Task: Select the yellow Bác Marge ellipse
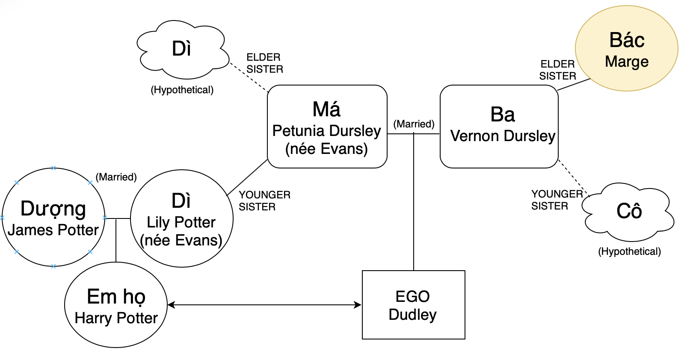(627, 48)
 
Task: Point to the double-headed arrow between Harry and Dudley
(265, 305)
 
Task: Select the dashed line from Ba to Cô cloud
(574, 178)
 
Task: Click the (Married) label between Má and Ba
(414, 124)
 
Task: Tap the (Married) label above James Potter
(116, 177)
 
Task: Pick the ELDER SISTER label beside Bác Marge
(557, 70)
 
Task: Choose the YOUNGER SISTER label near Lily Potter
(264, 201)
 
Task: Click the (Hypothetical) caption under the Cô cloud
(629, 251)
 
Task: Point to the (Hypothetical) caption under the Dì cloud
(182, 90)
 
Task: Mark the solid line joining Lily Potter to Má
(247, 177)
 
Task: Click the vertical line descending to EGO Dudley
(413, 201)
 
